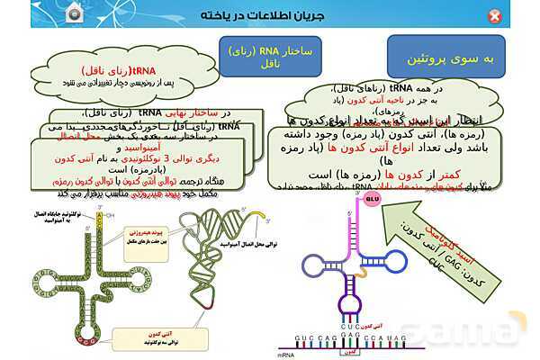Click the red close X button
[x=519, y=16]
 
